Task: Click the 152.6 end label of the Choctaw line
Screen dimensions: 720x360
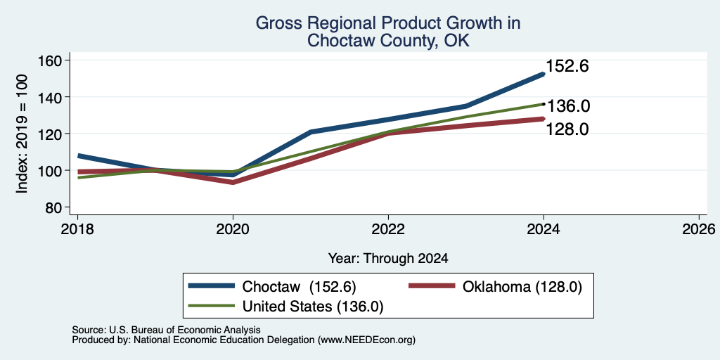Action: click(x=567, y=67)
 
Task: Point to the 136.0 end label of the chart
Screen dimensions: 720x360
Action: click(x=569, y=107)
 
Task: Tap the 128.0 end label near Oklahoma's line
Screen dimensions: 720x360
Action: click(x=567, y=129)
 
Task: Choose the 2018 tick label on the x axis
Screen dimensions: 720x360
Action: click(x=77, y=229)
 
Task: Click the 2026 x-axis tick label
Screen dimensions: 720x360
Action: click(x=700, y=229)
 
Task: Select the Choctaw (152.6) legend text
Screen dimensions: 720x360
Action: click(x=300, y=287)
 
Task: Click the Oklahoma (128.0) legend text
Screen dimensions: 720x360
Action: click(x=522, y=287)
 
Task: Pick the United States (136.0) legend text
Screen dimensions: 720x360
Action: click(x=313, y=307)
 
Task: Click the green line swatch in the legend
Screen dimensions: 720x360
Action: click(x=212, y=306)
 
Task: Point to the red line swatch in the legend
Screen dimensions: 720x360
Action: click(x=432, y=286)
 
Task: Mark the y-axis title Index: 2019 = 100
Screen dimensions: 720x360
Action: click(x=22, y=134)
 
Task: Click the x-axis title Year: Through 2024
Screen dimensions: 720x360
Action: click(x=388, y=259)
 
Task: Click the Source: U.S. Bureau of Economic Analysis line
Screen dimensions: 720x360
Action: click(x=166, y=330)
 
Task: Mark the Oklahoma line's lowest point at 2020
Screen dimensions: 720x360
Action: click(x=233, y=182)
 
